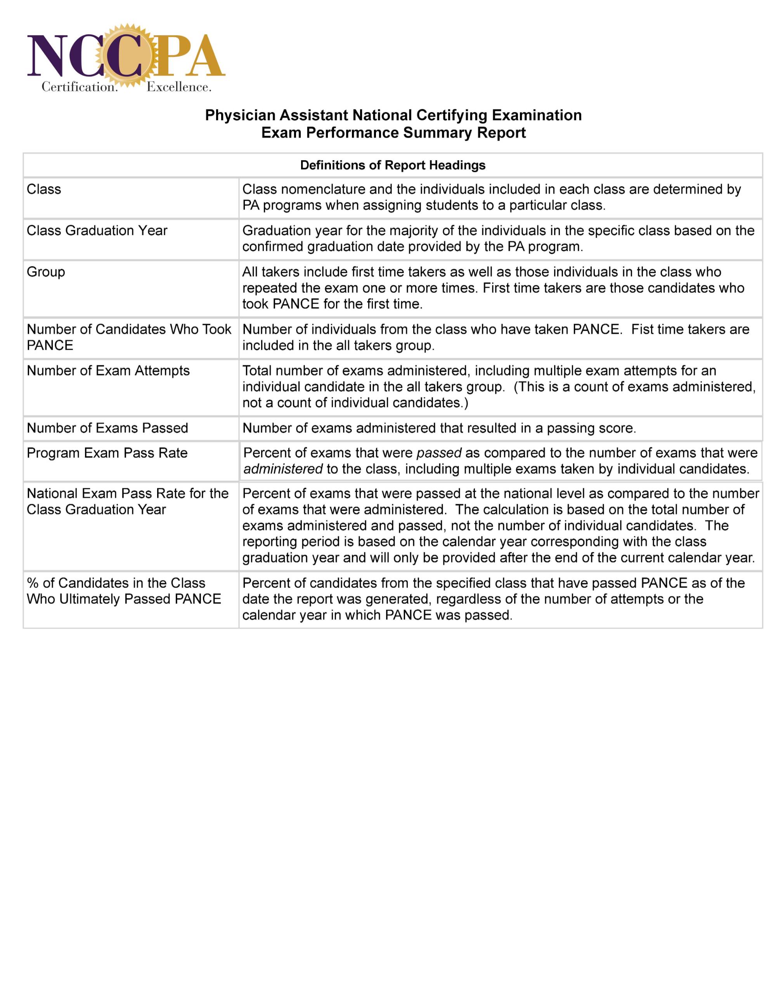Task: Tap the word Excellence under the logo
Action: tap(178, 87)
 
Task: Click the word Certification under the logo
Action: tap(79, 87)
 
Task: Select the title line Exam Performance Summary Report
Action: tap(393, 132)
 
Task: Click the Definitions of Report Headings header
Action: tap(393, 165)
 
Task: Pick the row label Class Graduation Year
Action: tap(97, 230)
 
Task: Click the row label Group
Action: tap(46, 272)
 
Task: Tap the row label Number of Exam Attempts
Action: tap(108, 371)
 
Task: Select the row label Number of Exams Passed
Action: tap(107, 428)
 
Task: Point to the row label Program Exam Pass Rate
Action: tap(107, 453)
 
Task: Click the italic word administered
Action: tap(283, 469)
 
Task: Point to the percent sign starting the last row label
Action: tap(33, 583)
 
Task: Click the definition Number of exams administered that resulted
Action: tap(439, 428)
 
